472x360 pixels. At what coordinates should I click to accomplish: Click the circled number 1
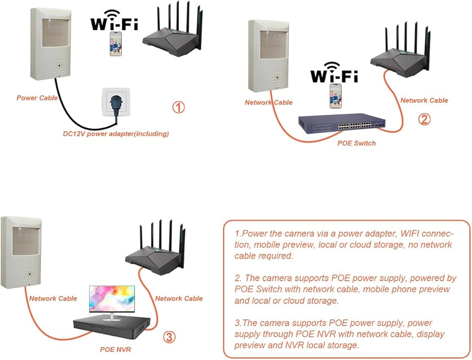(178, 108)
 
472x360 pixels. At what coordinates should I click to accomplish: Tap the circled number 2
(424, 119)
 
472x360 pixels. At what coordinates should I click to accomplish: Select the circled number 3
(170, 337)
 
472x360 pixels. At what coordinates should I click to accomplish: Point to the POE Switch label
(357, 142)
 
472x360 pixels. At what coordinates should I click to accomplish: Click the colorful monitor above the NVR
(112, 301)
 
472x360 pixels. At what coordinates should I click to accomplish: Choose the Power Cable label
(37, 98)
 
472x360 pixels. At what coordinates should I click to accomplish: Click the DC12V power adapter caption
(116, 134)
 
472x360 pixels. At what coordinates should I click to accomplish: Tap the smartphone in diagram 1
(115, 44)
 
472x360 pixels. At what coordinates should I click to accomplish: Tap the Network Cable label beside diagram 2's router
(424, 100)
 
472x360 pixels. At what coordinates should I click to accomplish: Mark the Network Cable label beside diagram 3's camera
(53, 298)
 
